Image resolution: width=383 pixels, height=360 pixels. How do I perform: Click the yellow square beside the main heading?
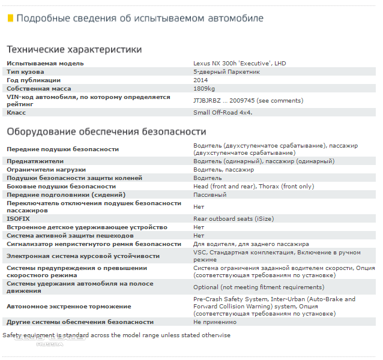[10, 19]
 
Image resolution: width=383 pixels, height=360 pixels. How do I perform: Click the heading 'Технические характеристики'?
[74, 50]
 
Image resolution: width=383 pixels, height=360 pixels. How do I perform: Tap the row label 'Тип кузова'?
[25, 71]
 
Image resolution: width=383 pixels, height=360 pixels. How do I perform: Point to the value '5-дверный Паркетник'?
[226, 71]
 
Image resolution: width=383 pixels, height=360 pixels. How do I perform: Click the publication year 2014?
[201, 80]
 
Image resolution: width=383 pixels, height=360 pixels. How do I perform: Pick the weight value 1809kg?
[204, 88]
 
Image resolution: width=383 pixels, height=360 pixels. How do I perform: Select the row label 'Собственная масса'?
[39, 88]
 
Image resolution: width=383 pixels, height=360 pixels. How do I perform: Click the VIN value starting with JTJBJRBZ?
[248, 100]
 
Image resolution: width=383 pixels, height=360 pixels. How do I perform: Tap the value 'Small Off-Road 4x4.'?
[223, 112]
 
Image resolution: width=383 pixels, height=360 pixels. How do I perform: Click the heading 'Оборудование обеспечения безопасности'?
[106, 131]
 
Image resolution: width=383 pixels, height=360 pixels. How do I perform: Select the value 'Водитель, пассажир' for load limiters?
[223, 170]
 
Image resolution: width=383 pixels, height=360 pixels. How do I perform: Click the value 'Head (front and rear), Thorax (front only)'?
[253, 187]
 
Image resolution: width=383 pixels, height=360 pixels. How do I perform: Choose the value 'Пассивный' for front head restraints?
[210, 195]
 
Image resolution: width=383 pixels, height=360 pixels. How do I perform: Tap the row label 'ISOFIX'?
[18, 219]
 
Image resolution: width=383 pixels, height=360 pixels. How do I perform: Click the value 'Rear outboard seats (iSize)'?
[231, 219]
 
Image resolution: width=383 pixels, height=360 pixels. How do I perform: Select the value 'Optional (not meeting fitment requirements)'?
[258, 287]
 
